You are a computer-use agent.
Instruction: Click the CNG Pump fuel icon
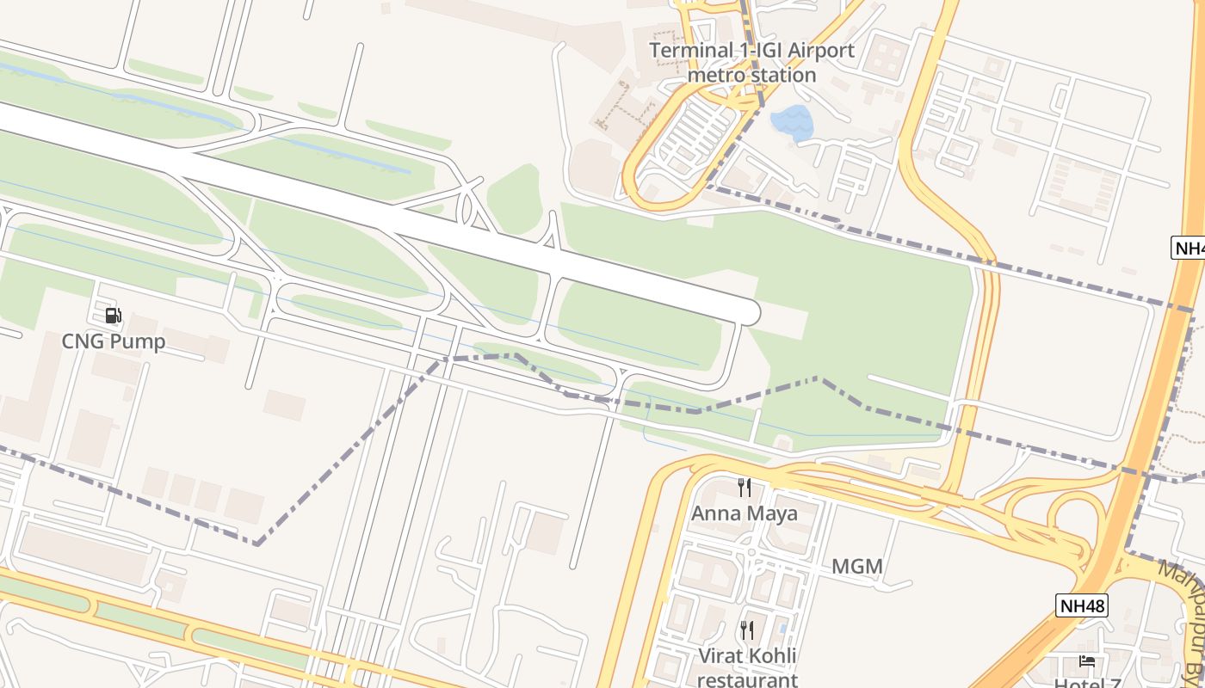(113, 316)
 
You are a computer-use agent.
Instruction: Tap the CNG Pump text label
(113, 341)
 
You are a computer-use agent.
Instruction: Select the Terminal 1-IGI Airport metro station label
(752, 63)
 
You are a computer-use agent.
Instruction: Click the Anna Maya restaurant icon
(745, 488)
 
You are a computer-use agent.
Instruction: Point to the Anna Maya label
(745, 513)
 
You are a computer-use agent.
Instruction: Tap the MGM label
(857, 567)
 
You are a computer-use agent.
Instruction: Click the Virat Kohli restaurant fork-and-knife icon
(746, 630)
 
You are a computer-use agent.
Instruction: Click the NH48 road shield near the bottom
(1082, 605)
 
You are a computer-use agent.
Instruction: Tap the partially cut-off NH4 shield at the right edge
(1190, 248)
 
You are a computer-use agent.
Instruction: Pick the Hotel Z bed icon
(1087, 661)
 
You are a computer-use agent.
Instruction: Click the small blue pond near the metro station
(793, 124)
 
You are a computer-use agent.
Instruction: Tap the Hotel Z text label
(1085, 683)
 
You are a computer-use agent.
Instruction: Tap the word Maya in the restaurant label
(772, 513)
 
